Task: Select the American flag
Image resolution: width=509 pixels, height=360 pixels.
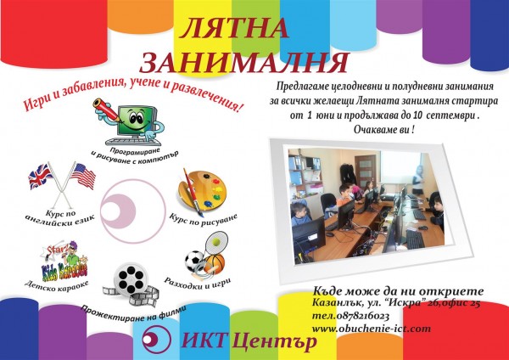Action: click(x=83, y=177)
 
